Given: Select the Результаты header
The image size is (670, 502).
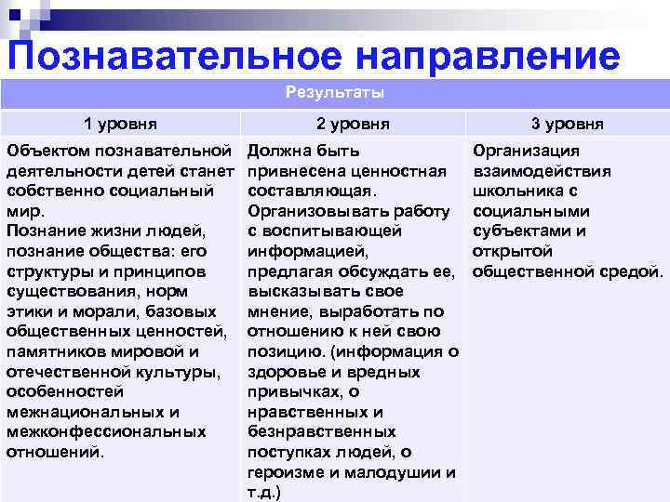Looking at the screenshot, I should pyautogui.click(x=335, y=93).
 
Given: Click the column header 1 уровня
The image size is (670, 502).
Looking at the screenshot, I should pyautogui.click(x=120, y=124).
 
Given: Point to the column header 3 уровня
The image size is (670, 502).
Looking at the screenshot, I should pyautogui.click(x=568, y=124).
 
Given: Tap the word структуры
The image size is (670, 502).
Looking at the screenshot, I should pyautogui.click(x=47, y=271).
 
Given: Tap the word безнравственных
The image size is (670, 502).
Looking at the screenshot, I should pyautogui.click(x=322, y=432).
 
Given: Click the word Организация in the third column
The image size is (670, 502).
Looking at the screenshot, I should pyautogui.click(x=526, y=151).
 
